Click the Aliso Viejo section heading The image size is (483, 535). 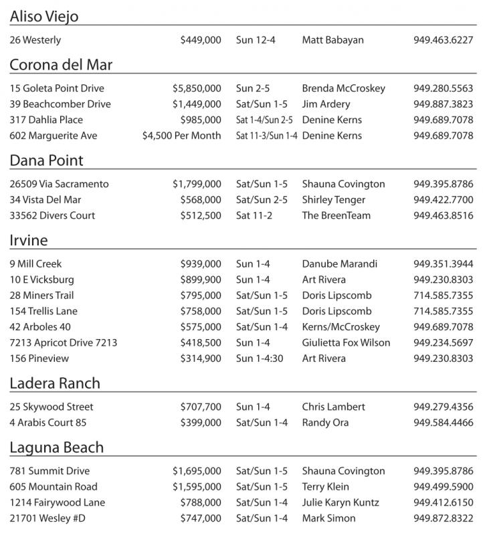(x=44, y=16)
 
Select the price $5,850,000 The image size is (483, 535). (x=197, y=88)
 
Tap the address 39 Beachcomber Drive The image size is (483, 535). (x=60, y=104)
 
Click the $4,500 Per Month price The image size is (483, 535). (x=181, y=136)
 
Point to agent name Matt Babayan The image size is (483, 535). (x=333, y=40)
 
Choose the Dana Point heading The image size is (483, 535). (x=46, y=160)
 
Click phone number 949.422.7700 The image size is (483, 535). (x=443, y=200)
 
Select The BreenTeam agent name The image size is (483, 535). (x=336, y=215)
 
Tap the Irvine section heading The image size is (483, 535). (x=29, y=240)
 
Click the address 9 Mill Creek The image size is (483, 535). (x=35, y=263)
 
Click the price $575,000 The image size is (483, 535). (x=201, y=327)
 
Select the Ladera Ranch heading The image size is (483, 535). (x=55, y=383)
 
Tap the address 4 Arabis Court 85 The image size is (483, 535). (x=48, y=423)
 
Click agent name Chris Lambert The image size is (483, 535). (x=333, y=407)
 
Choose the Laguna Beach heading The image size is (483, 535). (x=57, y=447)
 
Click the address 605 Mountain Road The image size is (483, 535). (x=54, y=487)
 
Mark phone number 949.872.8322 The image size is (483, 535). (x=443, y=518)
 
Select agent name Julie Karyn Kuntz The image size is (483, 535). (x=341, y=502)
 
